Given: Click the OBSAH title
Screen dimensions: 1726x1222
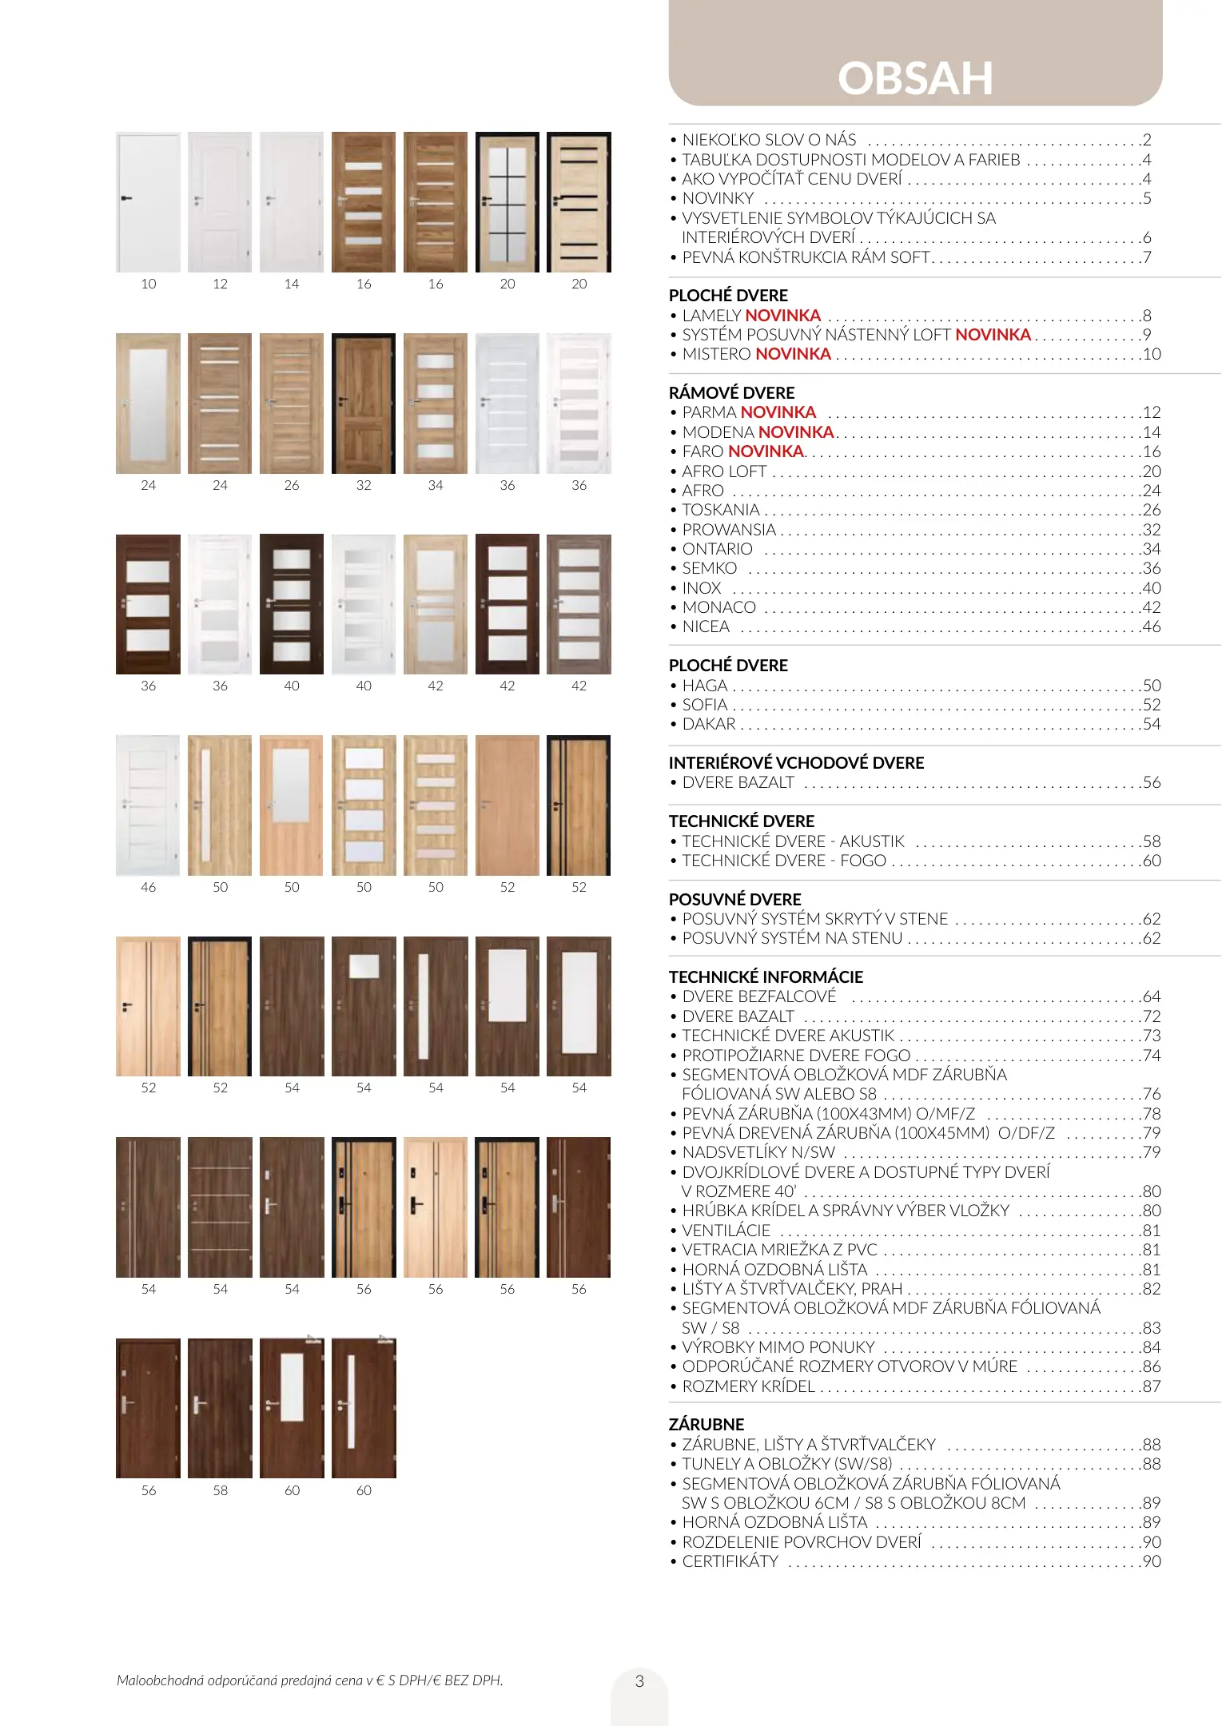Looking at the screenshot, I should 915,78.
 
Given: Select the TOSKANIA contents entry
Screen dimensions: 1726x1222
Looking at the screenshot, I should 721,510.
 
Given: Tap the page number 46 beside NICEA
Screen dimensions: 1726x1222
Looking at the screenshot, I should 1151,626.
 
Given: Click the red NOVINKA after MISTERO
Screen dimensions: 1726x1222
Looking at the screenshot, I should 793,354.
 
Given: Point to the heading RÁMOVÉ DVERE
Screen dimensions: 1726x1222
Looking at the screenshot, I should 731,392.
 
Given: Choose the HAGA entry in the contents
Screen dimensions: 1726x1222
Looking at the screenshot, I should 705,686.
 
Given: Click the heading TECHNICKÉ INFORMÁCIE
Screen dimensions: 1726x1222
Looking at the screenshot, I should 766,976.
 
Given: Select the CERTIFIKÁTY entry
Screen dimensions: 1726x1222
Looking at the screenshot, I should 730,1561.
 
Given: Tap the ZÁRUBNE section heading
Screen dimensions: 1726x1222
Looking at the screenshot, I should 707,1424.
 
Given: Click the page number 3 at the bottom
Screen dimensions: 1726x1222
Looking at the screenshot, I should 639,1680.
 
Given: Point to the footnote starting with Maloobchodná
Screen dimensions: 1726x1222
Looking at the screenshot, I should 309,1680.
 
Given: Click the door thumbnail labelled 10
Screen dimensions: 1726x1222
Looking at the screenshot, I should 148,202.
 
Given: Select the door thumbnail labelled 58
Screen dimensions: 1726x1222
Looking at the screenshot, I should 220,1408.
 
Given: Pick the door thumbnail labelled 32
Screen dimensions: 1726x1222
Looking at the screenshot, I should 364,404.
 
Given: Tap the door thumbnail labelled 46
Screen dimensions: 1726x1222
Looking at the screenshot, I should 148,805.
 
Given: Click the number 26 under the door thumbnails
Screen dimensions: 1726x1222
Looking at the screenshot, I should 292,485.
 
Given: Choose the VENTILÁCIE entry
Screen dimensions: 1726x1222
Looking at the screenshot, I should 726,1231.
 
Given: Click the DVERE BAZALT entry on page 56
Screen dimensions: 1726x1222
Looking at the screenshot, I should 738,782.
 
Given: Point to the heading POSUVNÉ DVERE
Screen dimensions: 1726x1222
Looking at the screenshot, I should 734,899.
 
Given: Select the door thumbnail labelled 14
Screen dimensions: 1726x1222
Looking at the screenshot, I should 292,202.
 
